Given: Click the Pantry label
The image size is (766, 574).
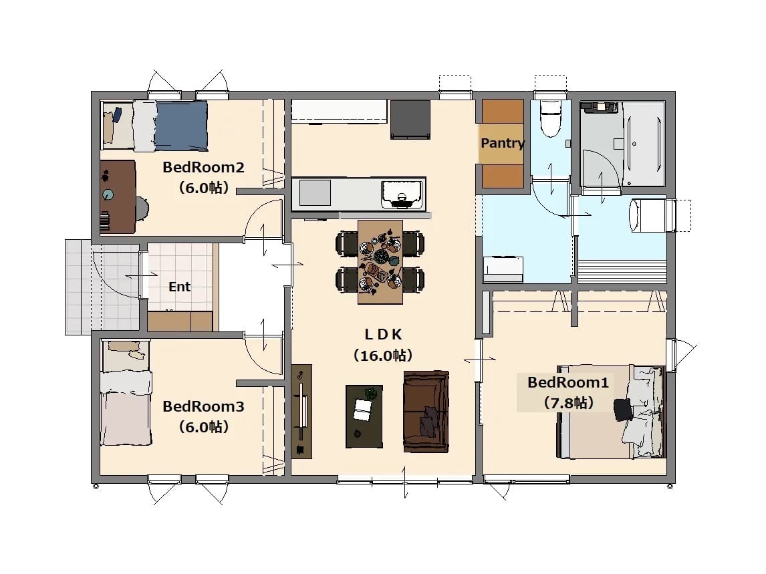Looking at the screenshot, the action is tap(503, 143).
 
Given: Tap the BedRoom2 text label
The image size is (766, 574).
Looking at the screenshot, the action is tap(203, 167).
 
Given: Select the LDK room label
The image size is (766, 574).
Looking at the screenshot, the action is tap(384, 334).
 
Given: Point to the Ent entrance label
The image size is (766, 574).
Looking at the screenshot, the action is tap(179, 287).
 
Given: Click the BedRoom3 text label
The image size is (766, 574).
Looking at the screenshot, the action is tap(203, 406).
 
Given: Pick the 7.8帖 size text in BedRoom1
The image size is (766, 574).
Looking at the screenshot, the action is tap(568, 403).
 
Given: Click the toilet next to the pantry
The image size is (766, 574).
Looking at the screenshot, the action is tap(551, 119).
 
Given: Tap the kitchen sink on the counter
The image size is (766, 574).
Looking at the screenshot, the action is tap(402, 194).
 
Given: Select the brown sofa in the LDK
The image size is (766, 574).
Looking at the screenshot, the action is tap(426, 412).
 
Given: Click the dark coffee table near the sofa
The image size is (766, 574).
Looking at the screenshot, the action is tap(364, 416).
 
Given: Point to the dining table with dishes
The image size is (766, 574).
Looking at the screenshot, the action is tap(380, 262).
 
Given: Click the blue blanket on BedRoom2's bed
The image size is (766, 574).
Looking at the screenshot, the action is tap(181, 126).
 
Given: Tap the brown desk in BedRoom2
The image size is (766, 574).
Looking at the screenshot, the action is tap(118, 196).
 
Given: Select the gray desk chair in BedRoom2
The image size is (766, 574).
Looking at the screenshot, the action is tap(142, 208).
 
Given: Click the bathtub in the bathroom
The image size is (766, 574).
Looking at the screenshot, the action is tap(644, 144).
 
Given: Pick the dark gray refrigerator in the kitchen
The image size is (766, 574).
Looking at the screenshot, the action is tap(410, 120).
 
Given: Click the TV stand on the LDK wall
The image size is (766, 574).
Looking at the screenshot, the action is tap(301, 412).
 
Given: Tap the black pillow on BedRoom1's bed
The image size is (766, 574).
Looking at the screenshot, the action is tap(623, 410).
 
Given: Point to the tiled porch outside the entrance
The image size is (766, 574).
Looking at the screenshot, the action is tap(102, 287).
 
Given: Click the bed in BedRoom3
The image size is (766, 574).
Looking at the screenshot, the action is tap(126, 394).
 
